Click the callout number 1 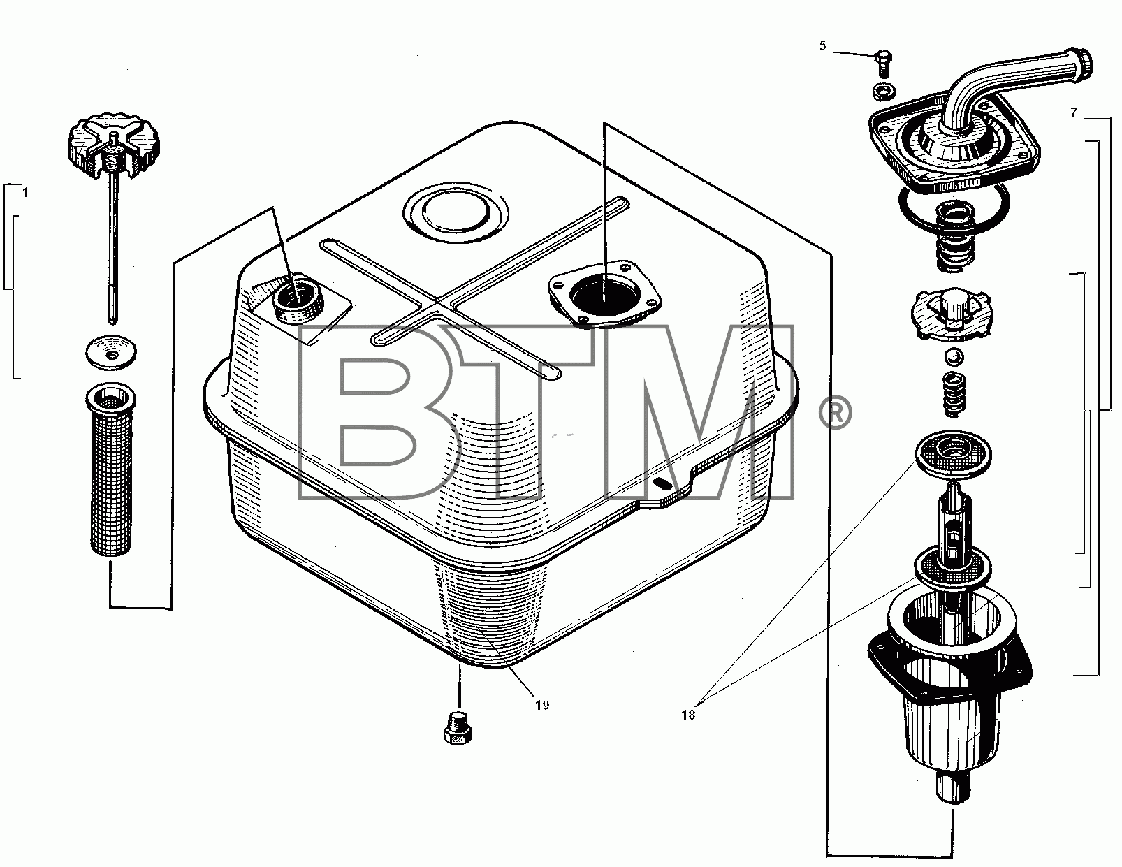point(25,193)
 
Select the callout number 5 point(822,46)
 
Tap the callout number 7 point(1074,112)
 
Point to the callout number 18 point(688,715)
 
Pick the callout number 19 point(542,705)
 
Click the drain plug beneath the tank point(458,727)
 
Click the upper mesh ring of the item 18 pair point(953,453)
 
